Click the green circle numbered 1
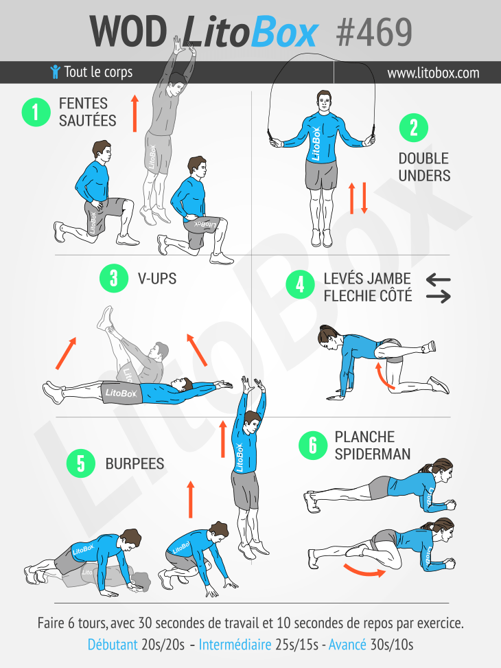tap(36, 112)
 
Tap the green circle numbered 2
tap(414, 128)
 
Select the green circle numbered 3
tap(114, 278)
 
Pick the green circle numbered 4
tap(301, 284)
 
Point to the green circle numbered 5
tap(81, 463)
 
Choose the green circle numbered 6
tap(313, 445)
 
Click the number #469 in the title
tap(374, 32)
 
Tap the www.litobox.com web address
tap(433, 73)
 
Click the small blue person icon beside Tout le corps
tap(55, 72)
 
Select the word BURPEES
tap(135, 463)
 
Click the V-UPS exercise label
tap(156, 279)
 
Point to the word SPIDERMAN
tap(373, 454)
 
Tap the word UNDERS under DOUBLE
tap(424, 176)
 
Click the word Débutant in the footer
tap(113, 645)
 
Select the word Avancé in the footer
tap(347, 645)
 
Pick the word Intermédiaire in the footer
tap(235, 645)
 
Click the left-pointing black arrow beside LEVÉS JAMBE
tap(438, 279)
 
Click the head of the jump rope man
tap(324, 102)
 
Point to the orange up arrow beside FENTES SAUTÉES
tap(135, 113)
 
